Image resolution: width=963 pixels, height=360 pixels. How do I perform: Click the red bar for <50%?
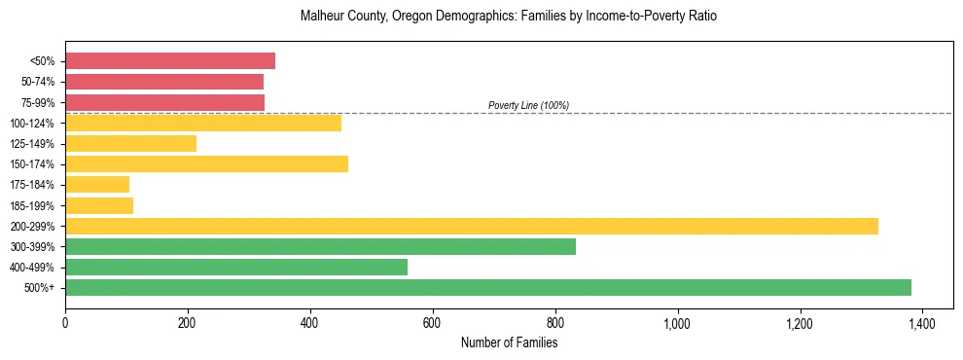tap(170, 61)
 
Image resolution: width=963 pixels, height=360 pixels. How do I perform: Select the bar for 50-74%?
tap(164, 82)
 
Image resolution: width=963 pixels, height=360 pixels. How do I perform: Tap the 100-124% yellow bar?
tap(203, 123)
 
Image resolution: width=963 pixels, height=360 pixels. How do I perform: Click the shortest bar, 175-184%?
tap(97, 184)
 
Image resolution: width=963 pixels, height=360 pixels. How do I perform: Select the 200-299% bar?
tap(472, 226)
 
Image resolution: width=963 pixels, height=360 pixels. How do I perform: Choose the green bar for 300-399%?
tap(320, 246)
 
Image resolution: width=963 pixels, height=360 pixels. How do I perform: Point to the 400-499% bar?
tap(236, 267)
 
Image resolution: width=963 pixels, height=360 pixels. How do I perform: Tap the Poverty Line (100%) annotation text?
tap(528, 105)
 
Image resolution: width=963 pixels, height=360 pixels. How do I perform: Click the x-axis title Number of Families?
tap(509, 342)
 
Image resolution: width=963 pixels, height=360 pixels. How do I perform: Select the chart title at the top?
tap(509, 18)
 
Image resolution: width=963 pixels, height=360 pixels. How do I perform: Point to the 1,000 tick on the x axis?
tap(677, 322)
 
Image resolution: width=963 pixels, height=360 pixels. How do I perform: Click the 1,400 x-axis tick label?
tap(922, 322)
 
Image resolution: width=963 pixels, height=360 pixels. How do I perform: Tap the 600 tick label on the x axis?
tap(432, 322)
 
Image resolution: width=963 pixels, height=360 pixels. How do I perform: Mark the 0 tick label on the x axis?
tap(65, 322)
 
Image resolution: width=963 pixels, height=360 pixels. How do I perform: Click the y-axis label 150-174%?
tap(32, 164)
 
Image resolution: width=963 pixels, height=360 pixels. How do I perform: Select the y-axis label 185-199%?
tap(32, 205)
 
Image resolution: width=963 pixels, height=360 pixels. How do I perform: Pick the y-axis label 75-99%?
tap(35, 102)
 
